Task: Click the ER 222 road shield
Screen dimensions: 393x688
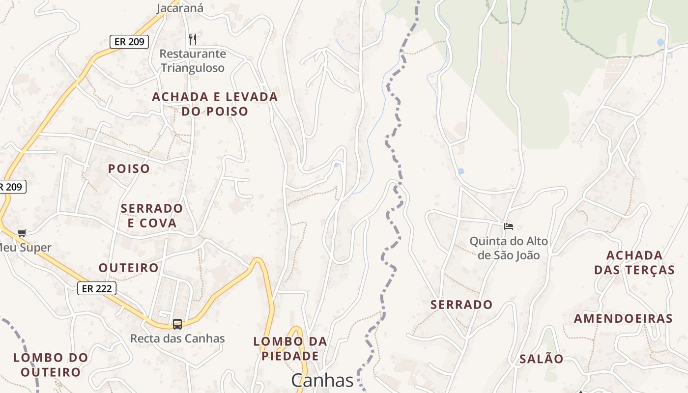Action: pos(97,288)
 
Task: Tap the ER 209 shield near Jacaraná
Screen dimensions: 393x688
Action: pos(129,42)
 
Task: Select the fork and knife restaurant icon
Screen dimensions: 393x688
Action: pos(193,39)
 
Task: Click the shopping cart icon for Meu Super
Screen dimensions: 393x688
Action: pos(22,233)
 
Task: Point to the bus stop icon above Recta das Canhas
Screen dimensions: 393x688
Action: pos(177,324)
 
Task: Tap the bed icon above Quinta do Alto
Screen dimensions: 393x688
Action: pos(509,226)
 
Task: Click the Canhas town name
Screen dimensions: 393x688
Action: pos(322,381)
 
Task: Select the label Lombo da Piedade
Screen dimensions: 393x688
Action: pos(290,348)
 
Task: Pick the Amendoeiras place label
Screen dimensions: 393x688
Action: pos(623,319)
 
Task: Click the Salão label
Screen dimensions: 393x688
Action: pos(542,359)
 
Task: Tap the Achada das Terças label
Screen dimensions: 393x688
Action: pos(634,263)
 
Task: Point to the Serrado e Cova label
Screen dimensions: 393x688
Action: pos(152,216)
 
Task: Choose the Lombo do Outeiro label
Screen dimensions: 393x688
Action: pos(51,365)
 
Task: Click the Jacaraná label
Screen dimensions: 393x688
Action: pos(180,8)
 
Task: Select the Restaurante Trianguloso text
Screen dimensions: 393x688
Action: pos(193,61)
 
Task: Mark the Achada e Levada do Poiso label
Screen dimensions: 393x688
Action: pos(215,104)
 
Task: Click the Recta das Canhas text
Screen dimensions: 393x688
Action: pos(177,338)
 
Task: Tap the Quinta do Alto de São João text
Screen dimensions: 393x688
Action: pos(509,248)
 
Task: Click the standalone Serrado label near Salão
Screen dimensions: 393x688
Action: pos(461,305)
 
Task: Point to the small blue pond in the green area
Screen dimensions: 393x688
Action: pos(660,42)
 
